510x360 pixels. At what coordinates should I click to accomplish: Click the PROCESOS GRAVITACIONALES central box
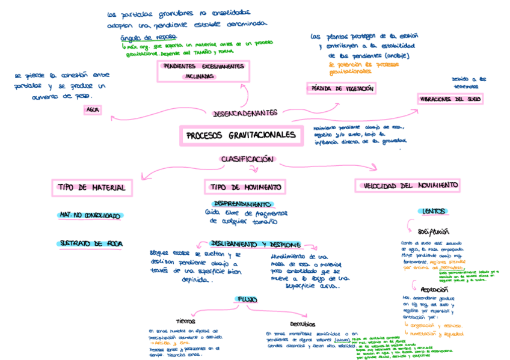pos(240,136)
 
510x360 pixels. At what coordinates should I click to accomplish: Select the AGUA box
pos(93,110)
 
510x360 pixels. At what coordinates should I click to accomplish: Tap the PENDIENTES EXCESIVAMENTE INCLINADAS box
pos(203,71)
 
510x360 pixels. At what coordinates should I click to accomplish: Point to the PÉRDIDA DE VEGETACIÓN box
pos(341,89)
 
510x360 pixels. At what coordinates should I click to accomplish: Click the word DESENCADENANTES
pos(245,112)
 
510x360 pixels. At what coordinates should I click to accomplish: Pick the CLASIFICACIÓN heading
pos(247,159)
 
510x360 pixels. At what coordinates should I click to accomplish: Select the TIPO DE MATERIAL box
pos(91,188)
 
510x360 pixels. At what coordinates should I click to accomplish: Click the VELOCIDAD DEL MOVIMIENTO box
pos(407,185)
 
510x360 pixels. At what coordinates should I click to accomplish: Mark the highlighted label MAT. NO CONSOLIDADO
pos(90,215)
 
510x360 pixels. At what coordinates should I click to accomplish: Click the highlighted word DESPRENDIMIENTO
pos(243,204)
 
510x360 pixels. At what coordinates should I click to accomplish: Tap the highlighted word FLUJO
pos(247,299)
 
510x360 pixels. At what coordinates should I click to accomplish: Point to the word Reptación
pos(434,289)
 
